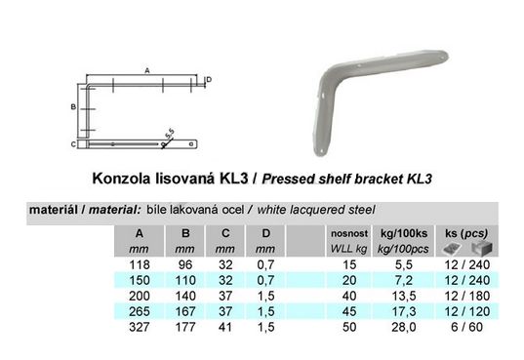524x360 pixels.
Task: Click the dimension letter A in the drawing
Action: pyautogui.click(x=147, y=70)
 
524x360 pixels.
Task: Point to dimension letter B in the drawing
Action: pyautogui.click(x=73, y=107)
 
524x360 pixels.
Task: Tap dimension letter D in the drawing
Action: pyautogui.click(x=209, y=80)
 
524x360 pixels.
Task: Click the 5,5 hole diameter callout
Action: pyautogui.click(x=170, y=134)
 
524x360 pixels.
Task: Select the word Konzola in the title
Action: pyautogui.click(x=121, y=179)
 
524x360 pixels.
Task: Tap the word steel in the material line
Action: pyautogui.click(x=362, y=210)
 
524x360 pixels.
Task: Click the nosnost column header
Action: pyautogui.click(x=349, y=233)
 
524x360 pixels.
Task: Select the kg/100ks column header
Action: pyautogui.click(x=404, y=233)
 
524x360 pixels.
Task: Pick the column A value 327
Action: pyautogui.click(x=140, y=327)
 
